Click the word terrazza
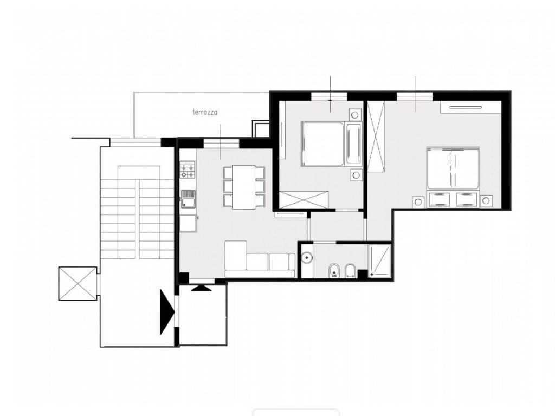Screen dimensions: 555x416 (x=204, y=112)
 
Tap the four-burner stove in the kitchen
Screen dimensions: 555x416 (x=188, y=170)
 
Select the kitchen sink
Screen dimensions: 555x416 (x=188, y=199)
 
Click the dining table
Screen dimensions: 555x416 (x=244, y=187)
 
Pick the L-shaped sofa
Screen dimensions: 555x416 (x=260, y=259)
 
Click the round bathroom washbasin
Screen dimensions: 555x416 (x=307, y=257)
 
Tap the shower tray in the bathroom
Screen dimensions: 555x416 (x=379, y=261)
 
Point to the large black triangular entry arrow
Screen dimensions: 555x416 (x=167, y=312)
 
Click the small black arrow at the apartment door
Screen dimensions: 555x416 (x=201, y=288)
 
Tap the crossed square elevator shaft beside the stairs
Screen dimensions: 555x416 (x=78, y=284)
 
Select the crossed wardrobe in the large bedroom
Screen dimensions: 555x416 (x=376, y=136)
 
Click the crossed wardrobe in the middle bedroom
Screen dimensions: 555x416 (x=304, y=199)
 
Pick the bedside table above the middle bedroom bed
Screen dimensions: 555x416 (x=356, y=115)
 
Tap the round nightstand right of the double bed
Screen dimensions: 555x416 (x=486, y=201)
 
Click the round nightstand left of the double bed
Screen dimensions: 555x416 (x=418, y=201)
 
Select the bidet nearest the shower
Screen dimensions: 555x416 (x=350, y=271)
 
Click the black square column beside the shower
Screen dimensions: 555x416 (x=363, y=274)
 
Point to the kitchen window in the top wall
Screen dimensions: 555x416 (x=222, y=143)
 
